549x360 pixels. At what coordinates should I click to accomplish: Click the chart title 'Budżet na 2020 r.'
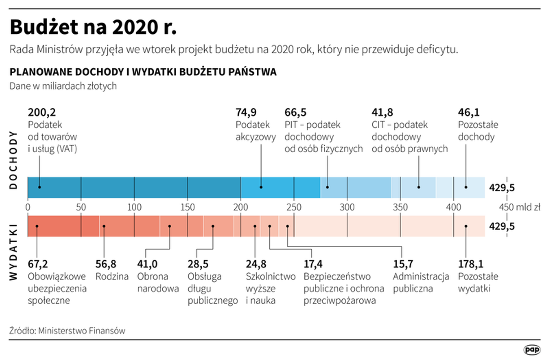click(x=94, y=27)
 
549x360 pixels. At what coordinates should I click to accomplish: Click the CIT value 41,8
click(x=382, y=112)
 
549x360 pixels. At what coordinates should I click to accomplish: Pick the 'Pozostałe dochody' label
click(x=478, y=131)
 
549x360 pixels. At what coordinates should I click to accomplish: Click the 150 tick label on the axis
click(x=187, y=207)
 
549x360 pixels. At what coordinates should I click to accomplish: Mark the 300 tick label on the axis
click(x=347, y=207)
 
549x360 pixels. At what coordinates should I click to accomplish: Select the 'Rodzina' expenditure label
click(x=112, y=276)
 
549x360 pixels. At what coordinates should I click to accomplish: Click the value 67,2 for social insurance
click(x=37, y=264)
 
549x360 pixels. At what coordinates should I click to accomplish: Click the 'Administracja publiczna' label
click(x=421, y=283)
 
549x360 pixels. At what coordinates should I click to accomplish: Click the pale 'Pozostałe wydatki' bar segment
click(x=389, y=226)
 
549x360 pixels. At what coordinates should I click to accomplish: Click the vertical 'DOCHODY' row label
click(x=14, y=160)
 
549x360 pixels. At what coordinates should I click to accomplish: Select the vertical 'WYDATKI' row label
click(x=14, y=252)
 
